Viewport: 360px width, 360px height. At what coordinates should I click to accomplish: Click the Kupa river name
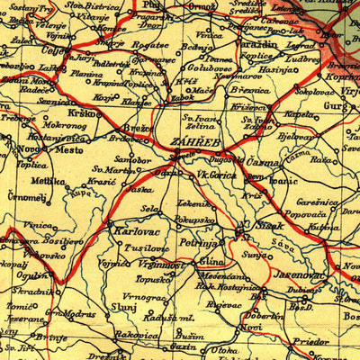[x=82, y=191]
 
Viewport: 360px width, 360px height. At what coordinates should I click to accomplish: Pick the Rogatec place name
[x=148, y=45]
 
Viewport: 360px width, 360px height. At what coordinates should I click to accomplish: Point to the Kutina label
[x=322, y=229]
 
